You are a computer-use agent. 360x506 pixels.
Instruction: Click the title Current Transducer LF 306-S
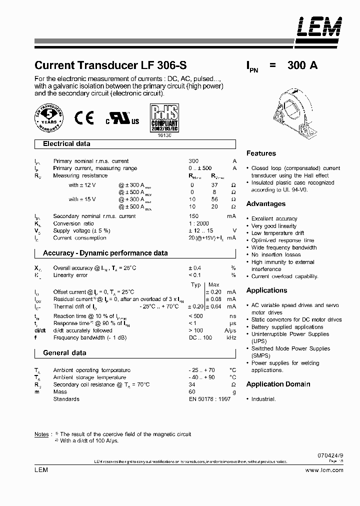111,65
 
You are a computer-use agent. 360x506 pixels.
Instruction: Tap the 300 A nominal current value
302,65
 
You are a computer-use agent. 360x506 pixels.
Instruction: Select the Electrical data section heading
66,144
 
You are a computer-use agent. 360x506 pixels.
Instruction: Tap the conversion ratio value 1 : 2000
199,223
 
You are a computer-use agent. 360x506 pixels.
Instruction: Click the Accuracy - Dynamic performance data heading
105,253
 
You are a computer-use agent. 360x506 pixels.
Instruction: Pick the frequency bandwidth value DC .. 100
200,338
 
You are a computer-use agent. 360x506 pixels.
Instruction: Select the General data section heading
64,352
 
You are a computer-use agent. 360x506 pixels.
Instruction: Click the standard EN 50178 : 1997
210,399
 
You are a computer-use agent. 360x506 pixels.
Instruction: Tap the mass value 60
192,392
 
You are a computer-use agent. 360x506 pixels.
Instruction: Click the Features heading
261,153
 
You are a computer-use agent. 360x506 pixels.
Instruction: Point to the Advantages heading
266,204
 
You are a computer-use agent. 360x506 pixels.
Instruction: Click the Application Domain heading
278,384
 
